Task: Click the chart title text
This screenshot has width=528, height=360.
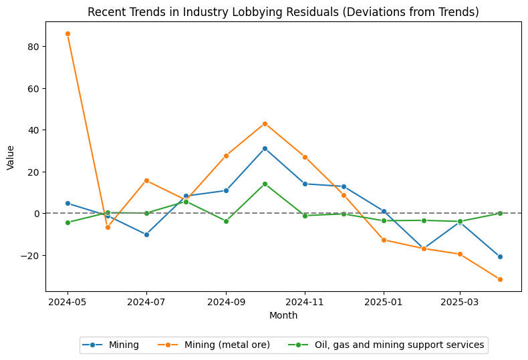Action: click(x=283, y=12)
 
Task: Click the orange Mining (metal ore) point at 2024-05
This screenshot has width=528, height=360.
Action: click(x=68, y=33)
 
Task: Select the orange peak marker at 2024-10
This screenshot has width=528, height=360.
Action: click(x=265, y=124)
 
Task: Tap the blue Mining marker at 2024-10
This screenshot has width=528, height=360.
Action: click(x=265, y=148)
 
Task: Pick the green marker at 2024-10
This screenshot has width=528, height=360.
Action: click(x=265, y=184)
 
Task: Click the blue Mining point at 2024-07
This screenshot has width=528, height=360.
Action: click(x=146, y=234)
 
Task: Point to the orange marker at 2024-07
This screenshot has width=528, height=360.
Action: click(x=146, y=180)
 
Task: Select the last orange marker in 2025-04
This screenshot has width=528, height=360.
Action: click(x=500, y=279)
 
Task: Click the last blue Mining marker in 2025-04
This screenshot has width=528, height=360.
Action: click(x=500, y=256)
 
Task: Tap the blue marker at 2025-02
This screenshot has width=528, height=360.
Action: click(x=424, y=248)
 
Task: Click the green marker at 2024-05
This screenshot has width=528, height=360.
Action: click(x=68, y=222)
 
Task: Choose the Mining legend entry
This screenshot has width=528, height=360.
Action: click(x=110, y=345)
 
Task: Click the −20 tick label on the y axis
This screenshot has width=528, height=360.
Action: click(x=31, y=255)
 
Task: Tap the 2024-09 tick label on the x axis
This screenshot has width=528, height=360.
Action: click(x=225, y=302)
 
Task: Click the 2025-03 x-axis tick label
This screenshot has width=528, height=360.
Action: click(x=459, y=302)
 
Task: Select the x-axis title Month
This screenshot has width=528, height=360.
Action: click(x=283, y=315)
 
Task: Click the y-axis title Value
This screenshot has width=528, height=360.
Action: click(x=10, y=157)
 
